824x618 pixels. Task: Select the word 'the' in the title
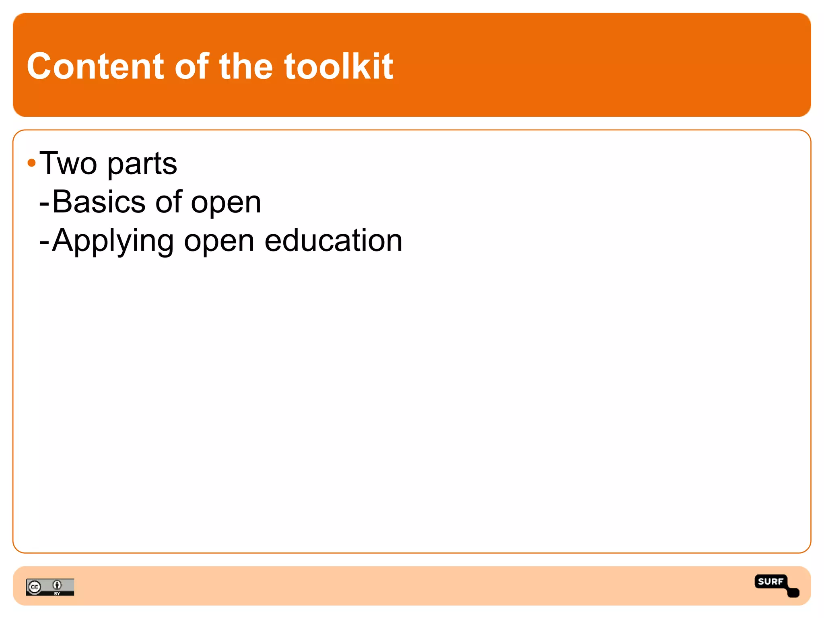(x=246, y=66)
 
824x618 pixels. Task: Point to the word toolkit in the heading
(x=338, y=66)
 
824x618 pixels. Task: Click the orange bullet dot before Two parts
(x=31, y=163)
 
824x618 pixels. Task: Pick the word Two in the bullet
(x=68, y=163)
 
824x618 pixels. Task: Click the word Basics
(x=99, y=202)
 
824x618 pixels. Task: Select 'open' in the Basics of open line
(x=226, y=204)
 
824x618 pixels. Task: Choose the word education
(x=334, y=241)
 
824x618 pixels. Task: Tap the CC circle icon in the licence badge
(x=35, y=587)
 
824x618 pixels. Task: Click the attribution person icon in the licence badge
(x=57, y=585)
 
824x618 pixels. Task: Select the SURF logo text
(x=770, y=581)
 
